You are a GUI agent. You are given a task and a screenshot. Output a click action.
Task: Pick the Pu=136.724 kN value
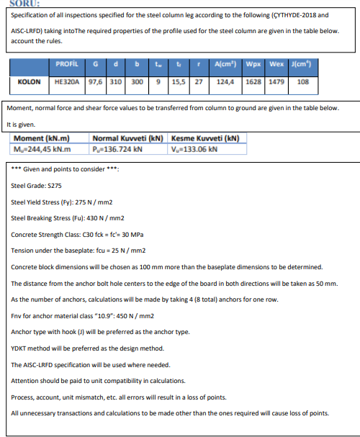(x=118, y=149)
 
